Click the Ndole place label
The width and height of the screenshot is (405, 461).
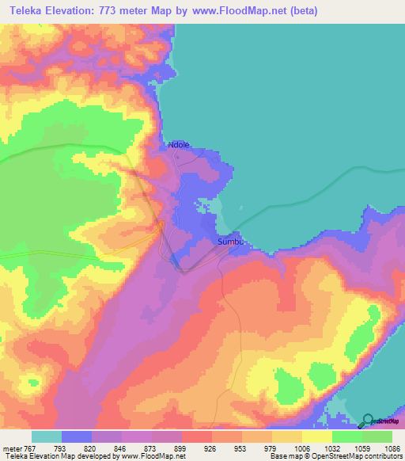(x=179, y=145)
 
